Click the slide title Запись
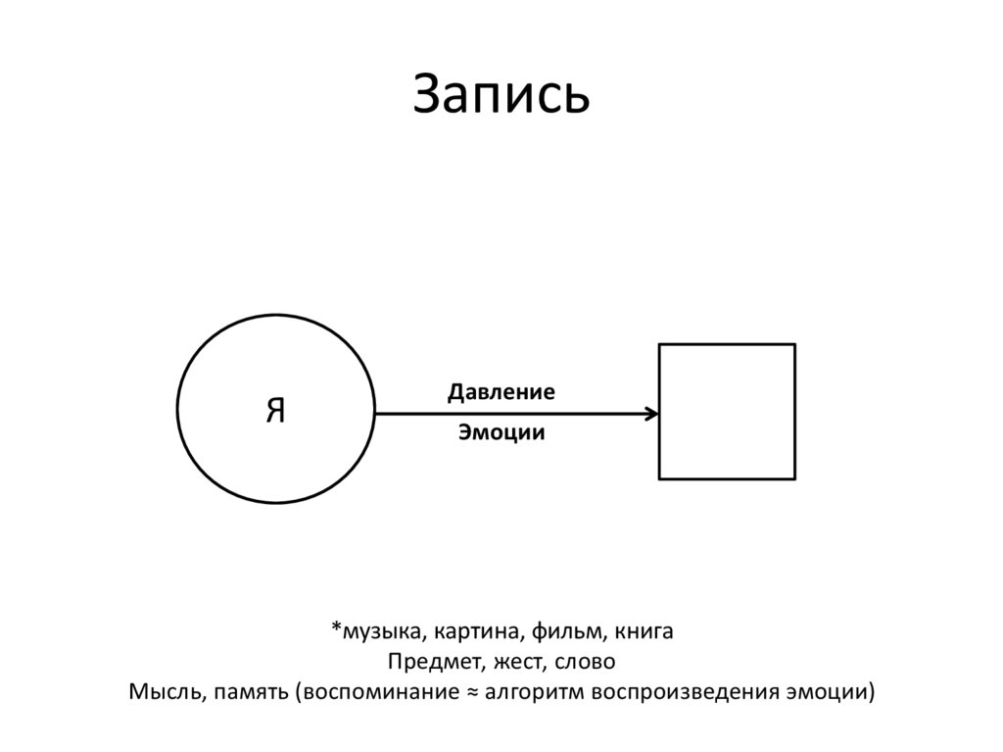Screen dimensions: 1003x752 coord(501,96)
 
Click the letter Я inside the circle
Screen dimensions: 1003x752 coord(275,411)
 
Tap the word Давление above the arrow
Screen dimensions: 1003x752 coord(501,392)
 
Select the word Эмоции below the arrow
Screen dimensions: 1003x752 coord(501,432)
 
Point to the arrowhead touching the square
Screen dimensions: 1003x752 coord(652,414)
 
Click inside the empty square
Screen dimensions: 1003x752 coord(726,412)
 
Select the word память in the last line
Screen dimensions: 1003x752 coord(249,690)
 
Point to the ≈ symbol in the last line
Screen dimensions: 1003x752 coord(469,690)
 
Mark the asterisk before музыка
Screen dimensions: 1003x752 coord(336,627)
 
